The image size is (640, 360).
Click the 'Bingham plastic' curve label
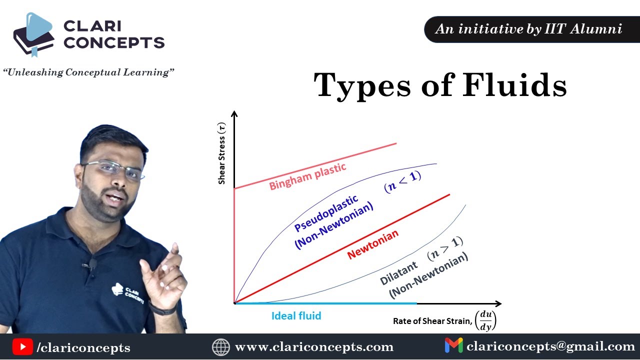(307, 176)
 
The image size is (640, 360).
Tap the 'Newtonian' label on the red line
(373, 244)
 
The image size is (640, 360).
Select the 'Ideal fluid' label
(296, 316)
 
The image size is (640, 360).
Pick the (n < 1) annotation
(402, 181)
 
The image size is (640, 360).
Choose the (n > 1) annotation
(445, 247)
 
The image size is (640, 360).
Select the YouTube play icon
(22, 346)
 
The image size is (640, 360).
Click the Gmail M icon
(453, 346)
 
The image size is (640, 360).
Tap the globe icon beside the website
(220, 346)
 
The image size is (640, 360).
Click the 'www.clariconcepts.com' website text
(314, 347)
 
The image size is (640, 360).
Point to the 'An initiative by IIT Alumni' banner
(529, 29)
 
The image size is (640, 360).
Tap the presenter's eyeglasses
(114, 169)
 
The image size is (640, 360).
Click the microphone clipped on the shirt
(92, 264)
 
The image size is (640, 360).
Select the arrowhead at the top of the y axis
(234, 114)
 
